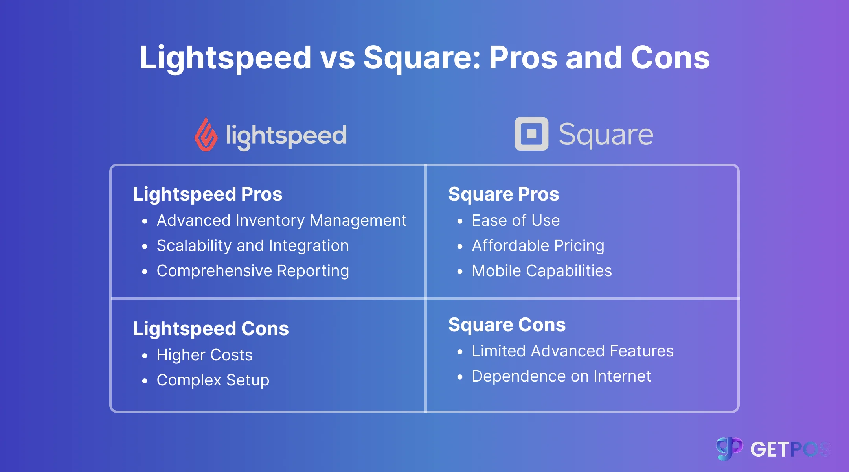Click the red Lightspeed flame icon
[206, 135]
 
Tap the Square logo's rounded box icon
[531, 134]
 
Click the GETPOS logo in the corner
[772, 449]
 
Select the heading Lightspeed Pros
[208, 194]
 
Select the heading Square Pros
[504, 194]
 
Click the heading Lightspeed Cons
[211, 328]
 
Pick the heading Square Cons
[507, 324]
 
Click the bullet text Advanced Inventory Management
[281, 221]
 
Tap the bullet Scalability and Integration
[252, 246]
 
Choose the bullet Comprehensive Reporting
[253, 271]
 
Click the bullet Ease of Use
[516, 221]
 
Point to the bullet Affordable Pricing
[538, 246]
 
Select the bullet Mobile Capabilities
[542, 271]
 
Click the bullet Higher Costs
[204, 355]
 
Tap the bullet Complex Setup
[213, 380]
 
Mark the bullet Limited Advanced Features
[572, 351]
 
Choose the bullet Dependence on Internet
[561, 376]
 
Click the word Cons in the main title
[670, 58]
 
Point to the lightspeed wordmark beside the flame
[286, 136]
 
